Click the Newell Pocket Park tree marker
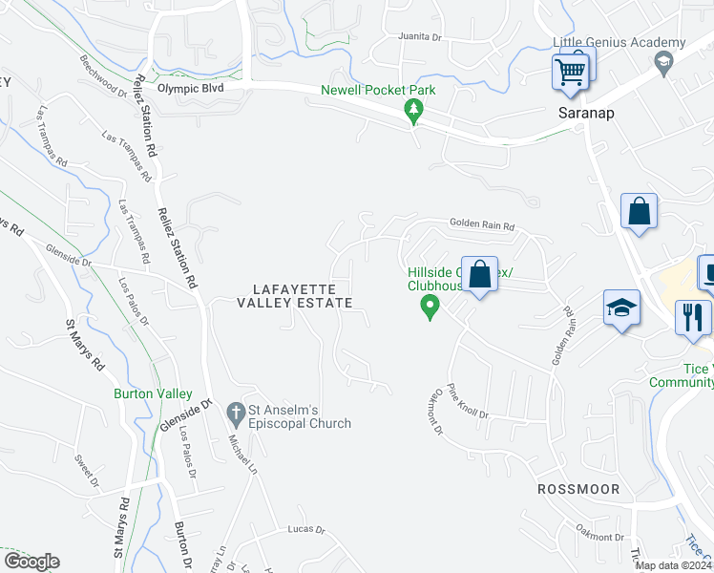[x=413, y=111]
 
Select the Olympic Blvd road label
[x=190, y=88]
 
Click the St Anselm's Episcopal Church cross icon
[x=236, y=413]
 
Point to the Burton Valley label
[x=153, y=393]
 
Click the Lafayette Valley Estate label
[x=295, y=296]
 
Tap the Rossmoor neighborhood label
[x=578, y=489]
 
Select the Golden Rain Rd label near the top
[x=482, y=226]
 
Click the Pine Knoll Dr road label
[x=468, y=401]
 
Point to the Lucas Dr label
[x=306, y=529]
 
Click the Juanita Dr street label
[x=421, y=38]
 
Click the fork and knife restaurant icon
[x=693, y=315]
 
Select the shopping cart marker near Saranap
[x=570, y=72]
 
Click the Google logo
[x=31, y=562]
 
